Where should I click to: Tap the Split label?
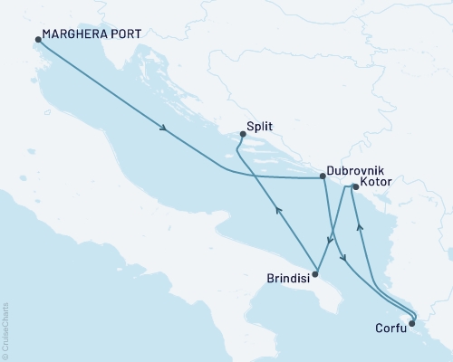[x=260, y=128]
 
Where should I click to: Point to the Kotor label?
[x=376, y=184]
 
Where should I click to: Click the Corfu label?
[x=390, y=329]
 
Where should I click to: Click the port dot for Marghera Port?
[x=38, y=40]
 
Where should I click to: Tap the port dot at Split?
[x=242, y=135]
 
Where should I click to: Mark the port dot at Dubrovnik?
[x=324, y=177]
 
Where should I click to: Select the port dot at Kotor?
[x=355, y=187]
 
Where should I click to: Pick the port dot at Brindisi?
[x=315, y=272]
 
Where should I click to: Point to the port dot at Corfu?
[x=412, y=322]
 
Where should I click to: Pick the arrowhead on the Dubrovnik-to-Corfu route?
[x=344, y=260]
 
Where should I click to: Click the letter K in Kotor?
[x=363, y=184]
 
